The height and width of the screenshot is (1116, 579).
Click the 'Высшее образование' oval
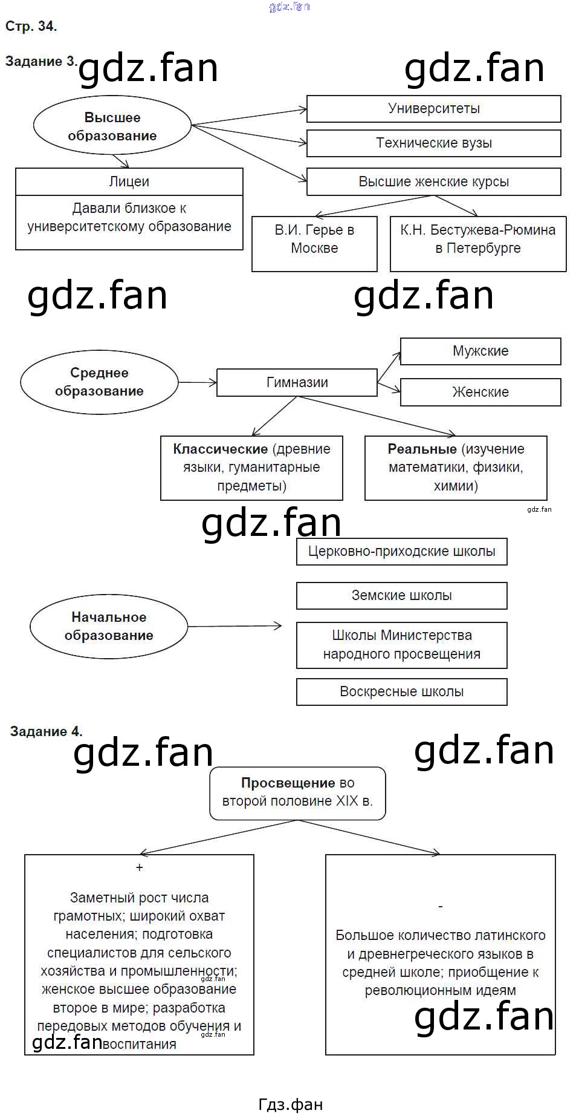click(112, 126)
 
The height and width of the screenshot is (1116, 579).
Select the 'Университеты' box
click(433, 109)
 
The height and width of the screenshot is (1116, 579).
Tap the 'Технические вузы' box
click(433, 143)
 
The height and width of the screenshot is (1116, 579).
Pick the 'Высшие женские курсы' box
click(433, 181)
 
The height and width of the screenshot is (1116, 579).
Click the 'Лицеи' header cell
click(129, 181)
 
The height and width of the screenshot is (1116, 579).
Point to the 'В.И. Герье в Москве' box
click(314, 243)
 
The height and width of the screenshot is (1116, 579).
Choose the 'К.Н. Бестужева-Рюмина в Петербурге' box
click(477, 243)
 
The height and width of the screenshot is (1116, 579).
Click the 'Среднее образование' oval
click(99, 382)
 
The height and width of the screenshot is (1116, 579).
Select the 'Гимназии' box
click(297, 382)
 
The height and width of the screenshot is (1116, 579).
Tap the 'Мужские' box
click(480, 351)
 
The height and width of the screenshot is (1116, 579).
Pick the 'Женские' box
click(480, 392)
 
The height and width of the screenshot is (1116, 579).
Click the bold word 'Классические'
click(220, 449)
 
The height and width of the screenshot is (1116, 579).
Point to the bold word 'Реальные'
click(422, 449)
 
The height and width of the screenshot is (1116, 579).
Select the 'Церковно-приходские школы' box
click(401, 552)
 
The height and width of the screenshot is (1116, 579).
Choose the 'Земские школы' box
click(401, 596)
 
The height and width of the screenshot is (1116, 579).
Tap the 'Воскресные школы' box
click(401, 692)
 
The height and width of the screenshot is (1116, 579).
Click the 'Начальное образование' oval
click(109, 626)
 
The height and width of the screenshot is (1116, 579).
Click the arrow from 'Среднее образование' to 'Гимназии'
click(197, 382)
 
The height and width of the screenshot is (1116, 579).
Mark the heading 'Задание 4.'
click(46, 731)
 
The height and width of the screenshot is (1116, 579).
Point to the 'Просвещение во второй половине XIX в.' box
click(297, 793)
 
